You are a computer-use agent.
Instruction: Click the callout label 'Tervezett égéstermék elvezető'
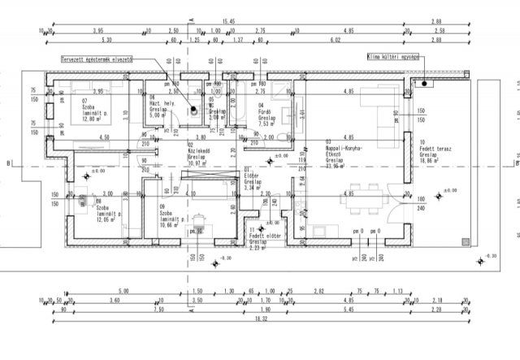click(97, 59)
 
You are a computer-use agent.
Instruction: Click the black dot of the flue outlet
click(194, 112)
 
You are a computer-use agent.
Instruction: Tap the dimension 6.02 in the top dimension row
click(357, 40)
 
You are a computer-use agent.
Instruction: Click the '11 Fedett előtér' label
click(259, 236)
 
